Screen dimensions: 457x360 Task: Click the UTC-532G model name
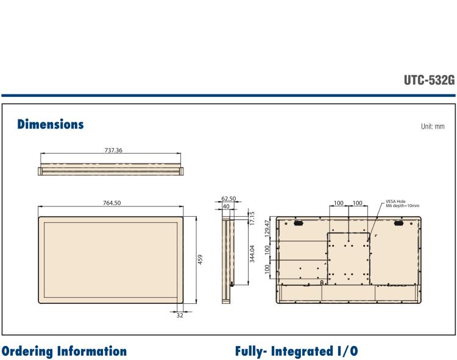pyautogui.click(x=429, y=80)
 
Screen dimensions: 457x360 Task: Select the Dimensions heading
pyautogui.click(x=51, y=124)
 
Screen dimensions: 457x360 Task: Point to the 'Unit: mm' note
pyautogui.click(x=433, y=127)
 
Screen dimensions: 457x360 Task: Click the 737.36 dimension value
pyautogui.click(x=113, y=150)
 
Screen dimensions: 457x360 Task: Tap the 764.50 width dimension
pyautogui.click(x=112, y=203)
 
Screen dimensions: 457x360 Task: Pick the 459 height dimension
pyautogui.click(x=200, y=259)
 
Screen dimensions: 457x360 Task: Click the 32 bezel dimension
pyautogui.click(x=180, y=315)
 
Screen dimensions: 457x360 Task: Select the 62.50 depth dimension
pyautogui.click(x=228, y=199)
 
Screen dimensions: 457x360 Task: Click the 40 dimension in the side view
pyautogui.click(x=226, y=206)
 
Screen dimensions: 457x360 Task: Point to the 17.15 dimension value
pyautogui.click(x=252, y=218)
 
